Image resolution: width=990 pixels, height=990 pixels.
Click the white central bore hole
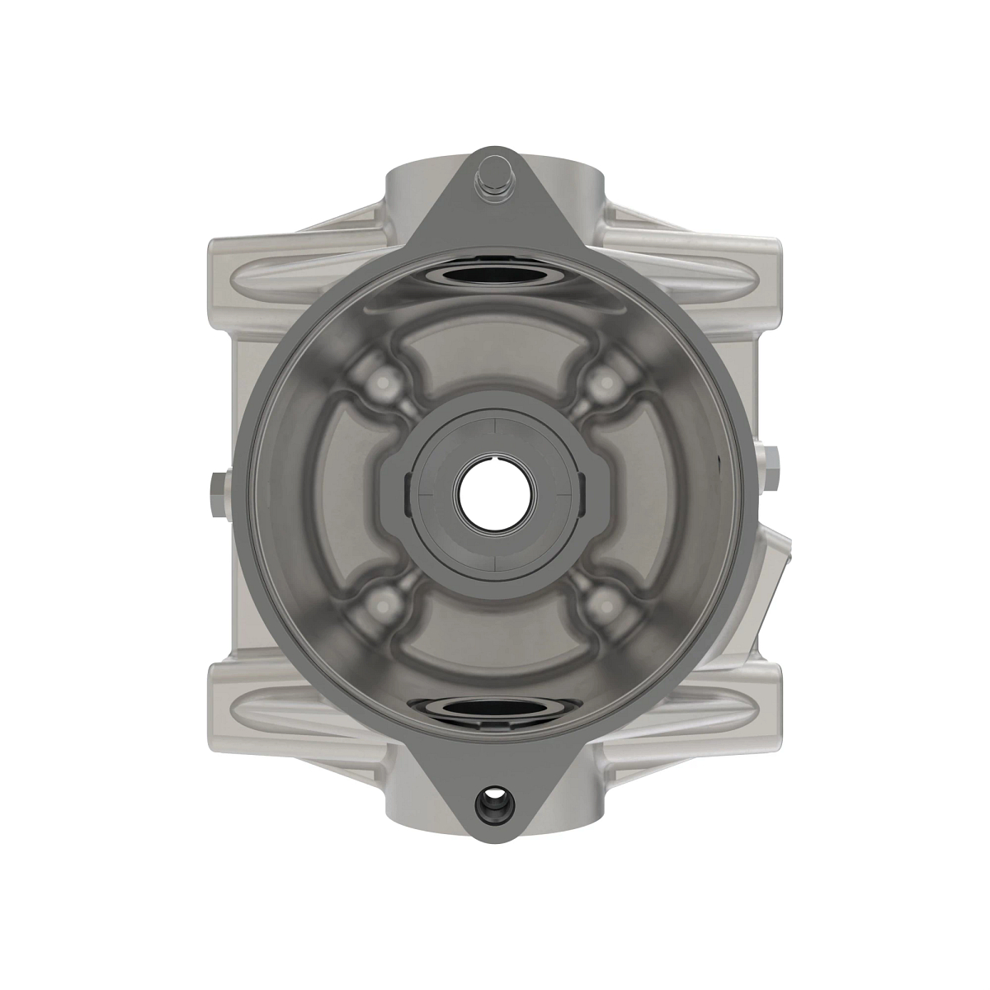pos(496,495)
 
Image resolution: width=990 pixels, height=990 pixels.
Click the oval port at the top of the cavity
pos(495,275)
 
